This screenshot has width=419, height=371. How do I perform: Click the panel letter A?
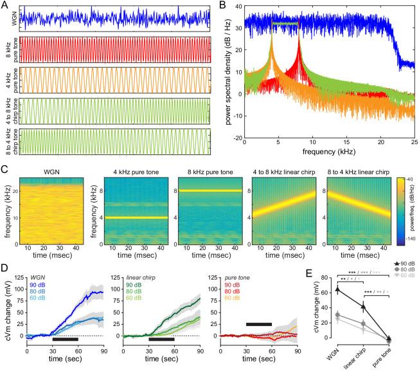(x=4, y=5)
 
